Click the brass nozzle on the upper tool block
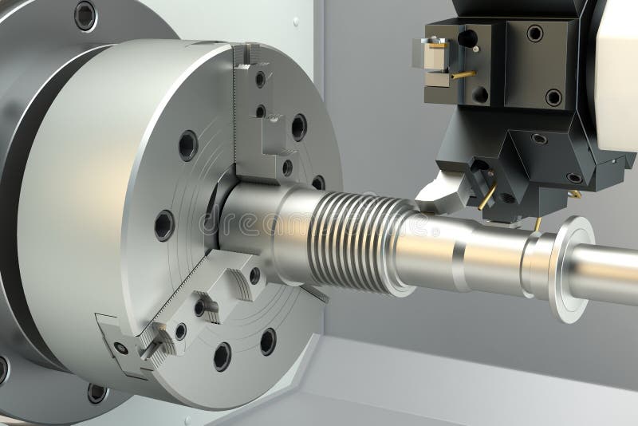463,75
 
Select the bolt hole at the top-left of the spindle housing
85,15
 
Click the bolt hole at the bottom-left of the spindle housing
96,392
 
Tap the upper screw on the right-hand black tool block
534,34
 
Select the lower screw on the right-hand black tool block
553,97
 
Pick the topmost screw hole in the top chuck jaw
260,79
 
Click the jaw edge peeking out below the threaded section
315,293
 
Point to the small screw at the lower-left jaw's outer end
120,348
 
